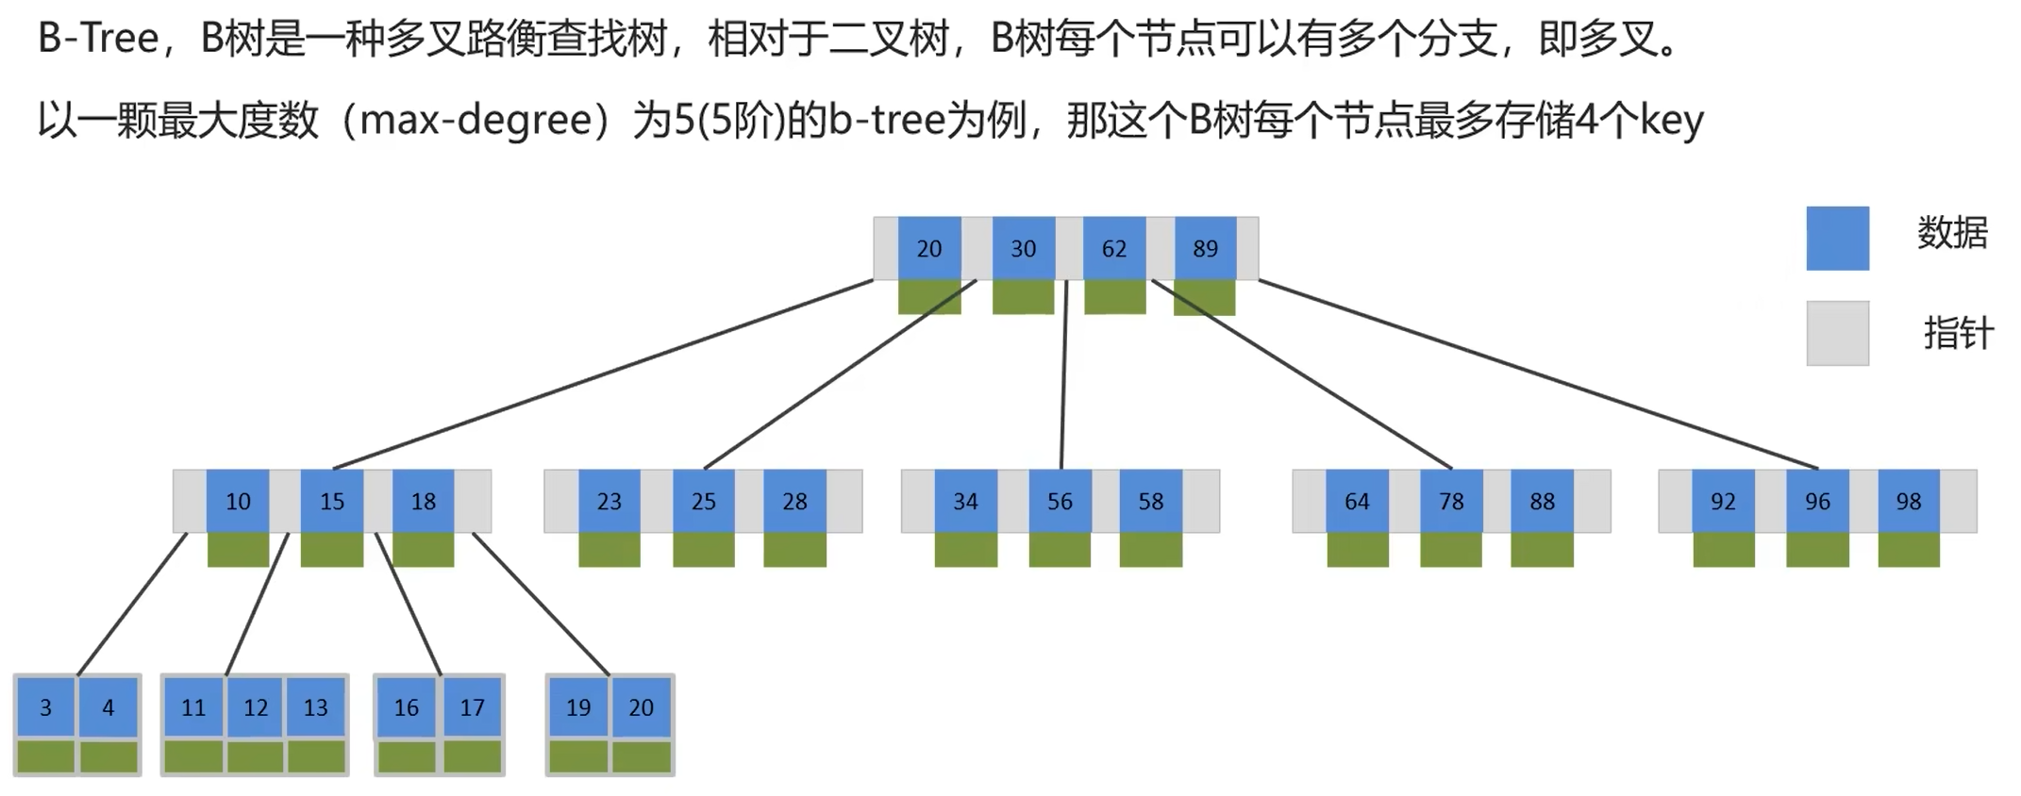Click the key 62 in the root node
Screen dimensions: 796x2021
1114,248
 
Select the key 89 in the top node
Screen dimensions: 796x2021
1205,248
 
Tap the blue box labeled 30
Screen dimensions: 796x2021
1023,248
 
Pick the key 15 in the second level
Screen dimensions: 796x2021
331,501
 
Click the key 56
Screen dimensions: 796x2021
1060,501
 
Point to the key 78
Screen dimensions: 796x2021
1451,501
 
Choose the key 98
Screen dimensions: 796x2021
1909,501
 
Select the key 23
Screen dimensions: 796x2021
610,501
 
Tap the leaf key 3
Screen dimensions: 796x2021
45,707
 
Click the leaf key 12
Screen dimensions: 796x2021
255,707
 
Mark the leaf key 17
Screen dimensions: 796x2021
472,707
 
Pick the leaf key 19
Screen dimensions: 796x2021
578,707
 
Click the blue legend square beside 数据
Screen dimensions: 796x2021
1837,239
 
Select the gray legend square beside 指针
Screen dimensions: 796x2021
1837,333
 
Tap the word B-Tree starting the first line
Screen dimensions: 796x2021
98,40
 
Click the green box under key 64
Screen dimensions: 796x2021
1358,550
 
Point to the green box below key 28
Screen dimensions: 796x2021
795,550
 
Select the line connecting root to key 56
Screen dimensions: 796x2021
1063,377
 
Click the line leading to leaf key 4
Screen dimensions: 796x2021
132,604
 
